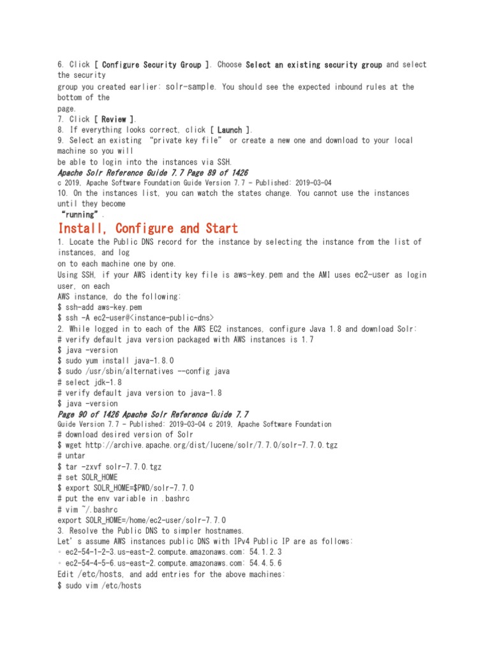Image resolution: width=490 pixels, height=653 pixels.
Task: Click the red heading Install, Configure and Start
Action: tap(147, 228)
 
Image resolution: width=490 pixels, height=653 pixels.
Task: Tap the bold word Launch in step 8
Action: tap(230, 130)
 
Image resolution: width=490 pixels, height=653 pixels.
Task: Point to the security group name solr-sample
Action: tap(191, 86)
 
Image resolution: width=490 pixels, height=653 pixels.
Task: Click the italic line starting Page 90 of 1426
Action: tap(153, 414)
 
